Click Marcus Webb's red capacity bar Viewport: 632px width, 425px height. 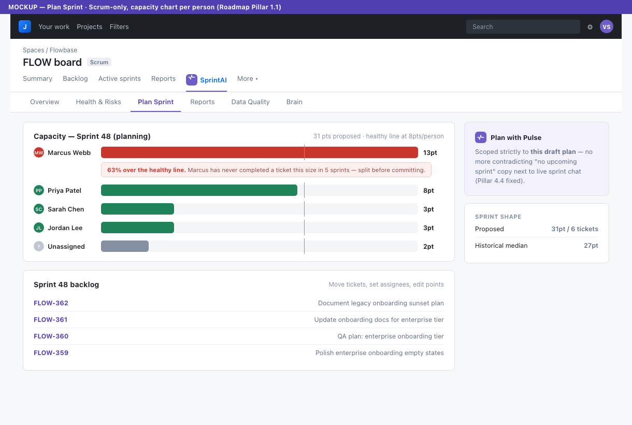260,152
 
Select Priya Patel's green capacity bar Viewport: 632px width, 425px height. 199,190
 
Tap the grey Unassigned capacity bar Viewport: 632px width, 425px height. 125,246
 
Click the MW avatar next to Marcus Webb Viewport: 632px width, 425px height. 39,153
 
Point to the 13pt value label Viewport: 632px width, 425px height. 430,153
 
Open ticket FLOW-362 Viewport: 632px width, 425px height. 51,303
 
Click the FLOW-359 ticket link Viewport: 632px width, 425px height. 51,353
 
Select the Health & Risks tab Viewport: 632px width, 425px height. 98,102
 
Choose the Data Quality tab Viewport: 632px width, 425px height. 250,102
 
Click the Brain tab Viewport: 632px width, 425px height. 294,102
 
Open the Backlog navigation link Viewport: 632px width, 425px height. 75,78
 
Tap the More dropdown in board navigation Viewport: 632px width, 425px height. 248,79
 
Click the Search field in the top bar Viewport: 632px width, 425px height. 523,27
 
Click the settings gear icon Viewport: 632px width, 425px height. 590,27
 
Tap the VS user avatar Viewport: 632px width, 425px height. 606,27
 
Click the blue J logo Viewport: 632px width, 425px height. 25,26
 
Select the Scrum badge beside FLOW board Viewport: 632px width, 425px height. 99,62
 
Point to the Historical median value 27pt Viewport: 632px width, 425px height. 591,246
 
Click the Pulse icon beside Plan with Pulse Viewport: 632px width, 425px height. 481,137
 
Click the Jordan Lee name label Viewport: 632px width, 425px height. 65,228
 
